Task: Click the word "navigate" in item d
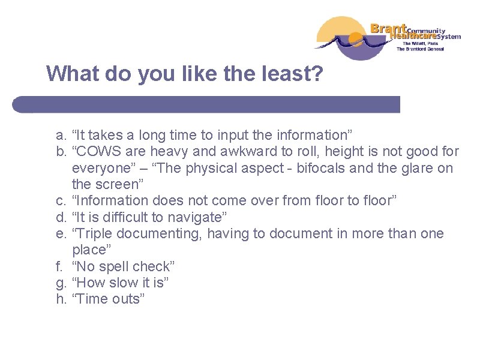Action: (x=189, y=217)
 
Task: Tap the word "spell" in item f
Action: (x=116, y=266)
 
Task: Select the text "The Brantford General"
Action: (x=420, y=49)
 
